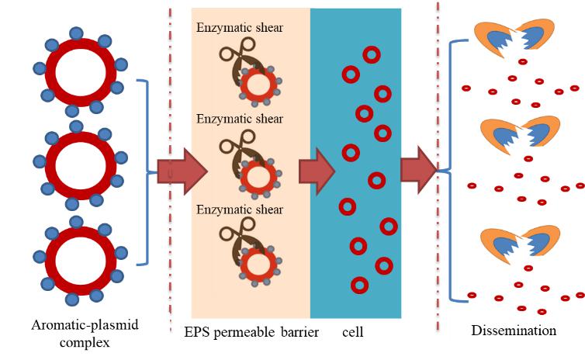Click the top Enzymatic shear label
click(239, 29)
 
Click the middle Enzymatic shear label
click(239, 119)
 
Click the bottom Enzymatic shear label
click(239, 209)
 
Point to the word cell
click(353, 331)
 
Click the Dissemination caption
click(514, 331)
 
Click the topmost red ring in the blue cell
click(372, 55)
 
